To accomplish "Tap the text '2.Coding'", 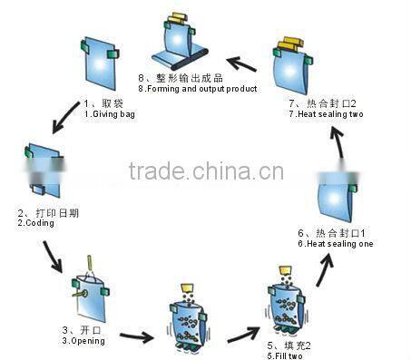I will [x=34, y=222].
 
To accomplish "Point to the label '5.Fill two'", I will [x=289, y=354].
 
